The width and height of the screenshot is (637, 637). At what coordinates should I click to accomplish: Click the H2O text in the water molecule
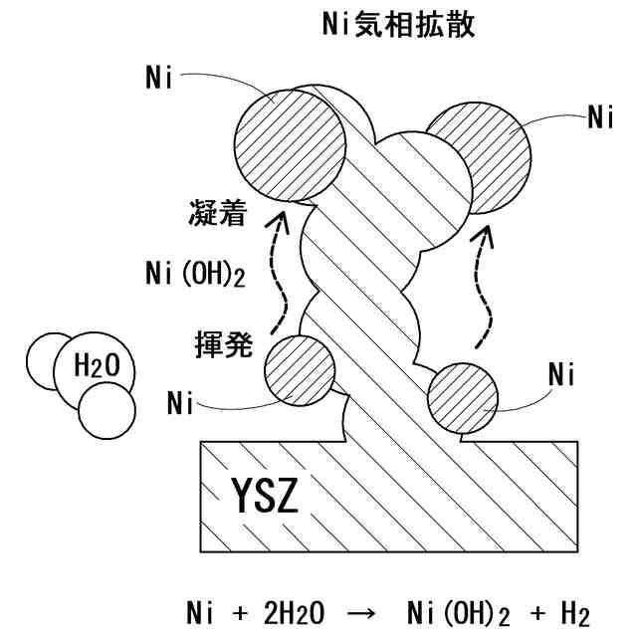[98, 368]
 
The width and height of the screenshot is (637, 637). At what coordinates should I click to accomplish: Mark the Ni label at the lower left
[180, 404]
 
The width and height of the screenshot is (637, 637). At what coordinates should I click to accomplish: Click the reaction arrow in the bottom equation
[367, 607]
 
